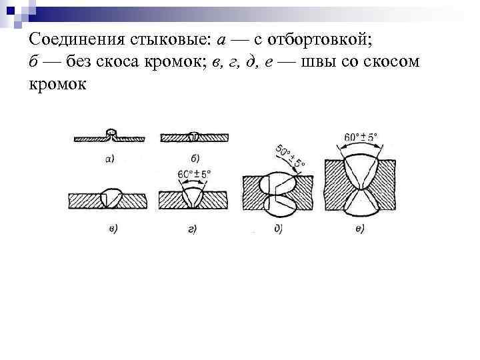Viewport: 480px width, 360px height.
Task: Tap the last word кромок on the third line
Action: click(58, 85)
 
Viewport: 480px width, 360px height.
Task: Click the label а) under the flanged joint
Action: click(109, 159)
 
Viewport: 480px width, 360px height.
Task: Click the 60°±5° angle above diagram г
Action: click(194, 175)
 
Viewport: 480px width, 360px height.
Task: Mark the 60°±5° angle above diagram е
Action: click(360, 137)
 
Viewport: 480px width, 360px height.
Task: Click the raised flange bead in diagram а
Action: click(112, 132)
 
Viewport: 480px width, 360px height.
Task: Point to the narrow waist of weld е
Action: click(360, 189)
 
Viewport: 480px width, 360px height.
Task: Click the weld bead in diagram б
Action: click(194, 136)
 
